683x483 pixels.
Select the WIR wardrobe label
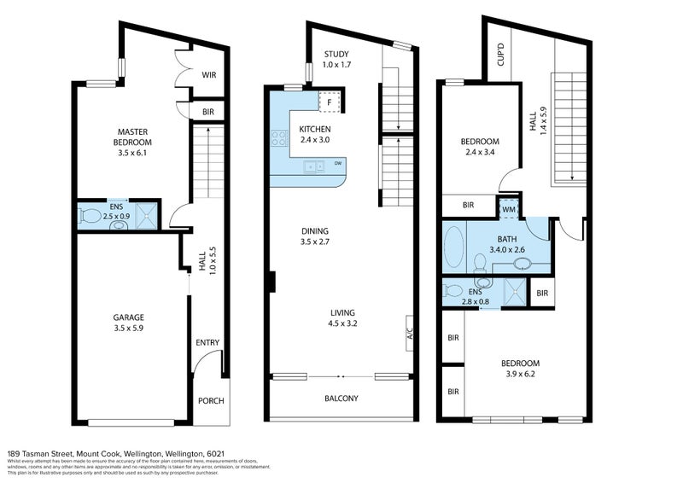(x=209, y=75)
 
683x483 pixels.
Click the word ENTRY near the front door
(x=207, y=343)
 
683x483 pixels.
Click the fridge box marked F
(x=329, y=102)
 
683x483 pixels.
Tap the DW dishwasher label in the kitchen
(x=339, y=164)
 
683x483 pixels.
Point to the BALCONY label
(x=341, y=399)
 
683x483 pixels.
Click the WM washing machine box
(x=509, y=208)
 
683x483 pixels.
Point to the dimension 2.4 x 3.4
(x=479, y=154)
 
